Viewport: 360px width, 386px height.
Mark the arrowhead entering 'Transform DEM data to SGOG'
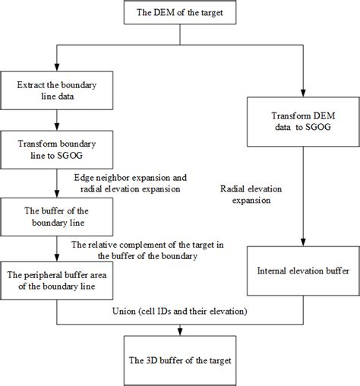tap(305, 96)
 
